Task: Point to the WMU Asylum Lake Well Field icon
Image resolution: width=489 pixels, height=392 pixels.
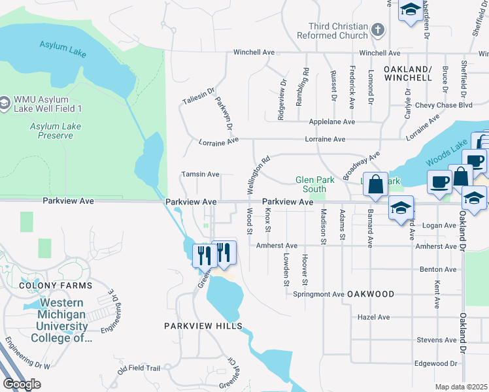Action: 5,103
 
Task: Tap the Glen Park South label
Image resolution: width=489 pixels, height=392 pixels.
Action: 314,184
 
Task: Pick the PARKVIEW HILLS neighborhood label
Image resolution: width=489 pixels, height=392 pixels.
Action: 203,325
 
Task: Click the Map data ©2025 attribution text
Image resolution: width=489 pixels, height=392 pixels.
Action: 461,387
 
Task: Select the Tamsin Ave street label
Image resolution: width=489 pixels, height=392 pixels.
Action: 201,174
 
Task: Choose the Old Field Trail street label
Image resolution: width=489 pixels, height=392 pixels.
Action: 139,368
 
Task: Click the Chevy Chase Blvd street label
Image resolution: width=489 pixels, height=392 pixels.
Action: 448,105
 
